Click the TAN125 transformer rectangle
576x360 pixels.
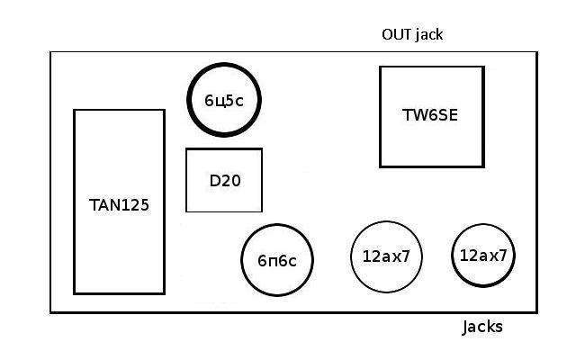[119, 243]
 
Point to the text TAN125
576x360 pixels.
[119, 204]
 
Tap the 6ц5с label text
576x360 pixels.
[223, 101]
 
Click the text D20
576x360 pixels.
[224, 180]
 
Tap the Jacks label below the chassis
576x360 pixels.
[482, 327]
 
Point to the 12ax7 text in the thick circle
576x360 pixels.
[483, 255]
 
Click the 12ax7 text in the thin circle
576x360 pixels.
[386, 256]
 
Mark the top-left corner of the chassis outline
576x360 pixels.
[50, 52]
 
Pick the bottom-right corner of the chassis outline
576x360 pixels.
[537, 312]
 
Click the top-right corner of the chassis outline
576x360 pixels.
[537, 52]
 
